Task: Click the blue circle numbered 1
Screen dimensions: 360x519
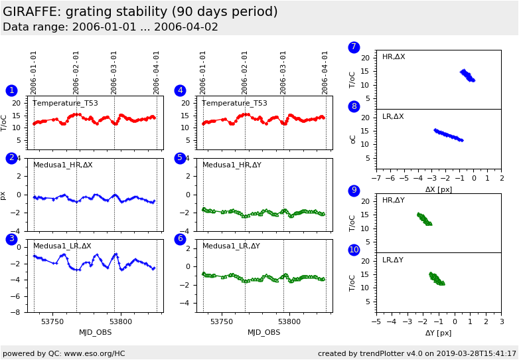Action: [x=11, y=90]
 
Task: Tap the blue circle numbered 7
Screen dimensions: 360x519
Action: [x=354, y=47]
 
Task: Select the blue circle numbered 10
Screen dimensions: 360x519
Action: [x=354, y=250]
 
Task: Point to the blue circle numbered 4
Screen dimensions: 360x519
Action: [x=180, y=90]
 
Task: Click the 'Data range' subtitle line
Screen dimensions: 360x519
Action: [x=110, y=27]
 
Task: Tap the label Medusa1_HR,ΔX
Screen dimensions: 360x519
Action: [x=63, y=165]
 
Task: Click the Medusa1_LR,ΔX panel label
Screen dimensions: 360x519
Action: [x=62, y=246]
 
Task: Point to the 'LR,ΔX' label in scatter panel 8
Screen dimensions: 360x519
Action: [x=393, y=117]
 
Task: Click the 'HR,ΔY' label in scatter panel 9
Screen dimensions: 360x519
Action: [x=393, y=200]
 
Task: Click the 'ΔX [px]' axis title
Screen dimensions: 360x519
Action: [x=438, y=189]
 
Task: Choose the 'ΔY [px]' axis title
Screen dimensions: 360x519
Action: [x=438, y=333]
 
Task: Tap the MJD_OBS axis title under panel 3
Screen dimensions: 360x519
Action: [x=96, y=332]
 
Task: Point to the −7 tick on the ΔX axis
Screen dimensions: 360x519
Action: [x=376, y=179]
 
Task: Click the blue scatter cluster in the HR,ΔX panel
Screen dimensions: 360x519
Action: [x=467, y=75]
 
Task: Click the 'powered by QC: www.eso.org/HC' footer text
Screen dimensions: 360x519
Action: [x=64, y=353]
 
